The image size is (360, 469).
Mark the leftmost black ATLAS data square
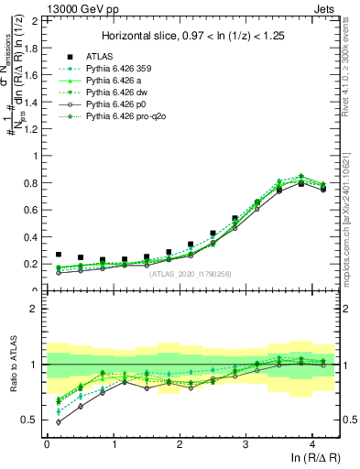point(60,255)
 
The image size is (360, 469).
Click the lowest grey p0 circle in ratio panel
point(60,422)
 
